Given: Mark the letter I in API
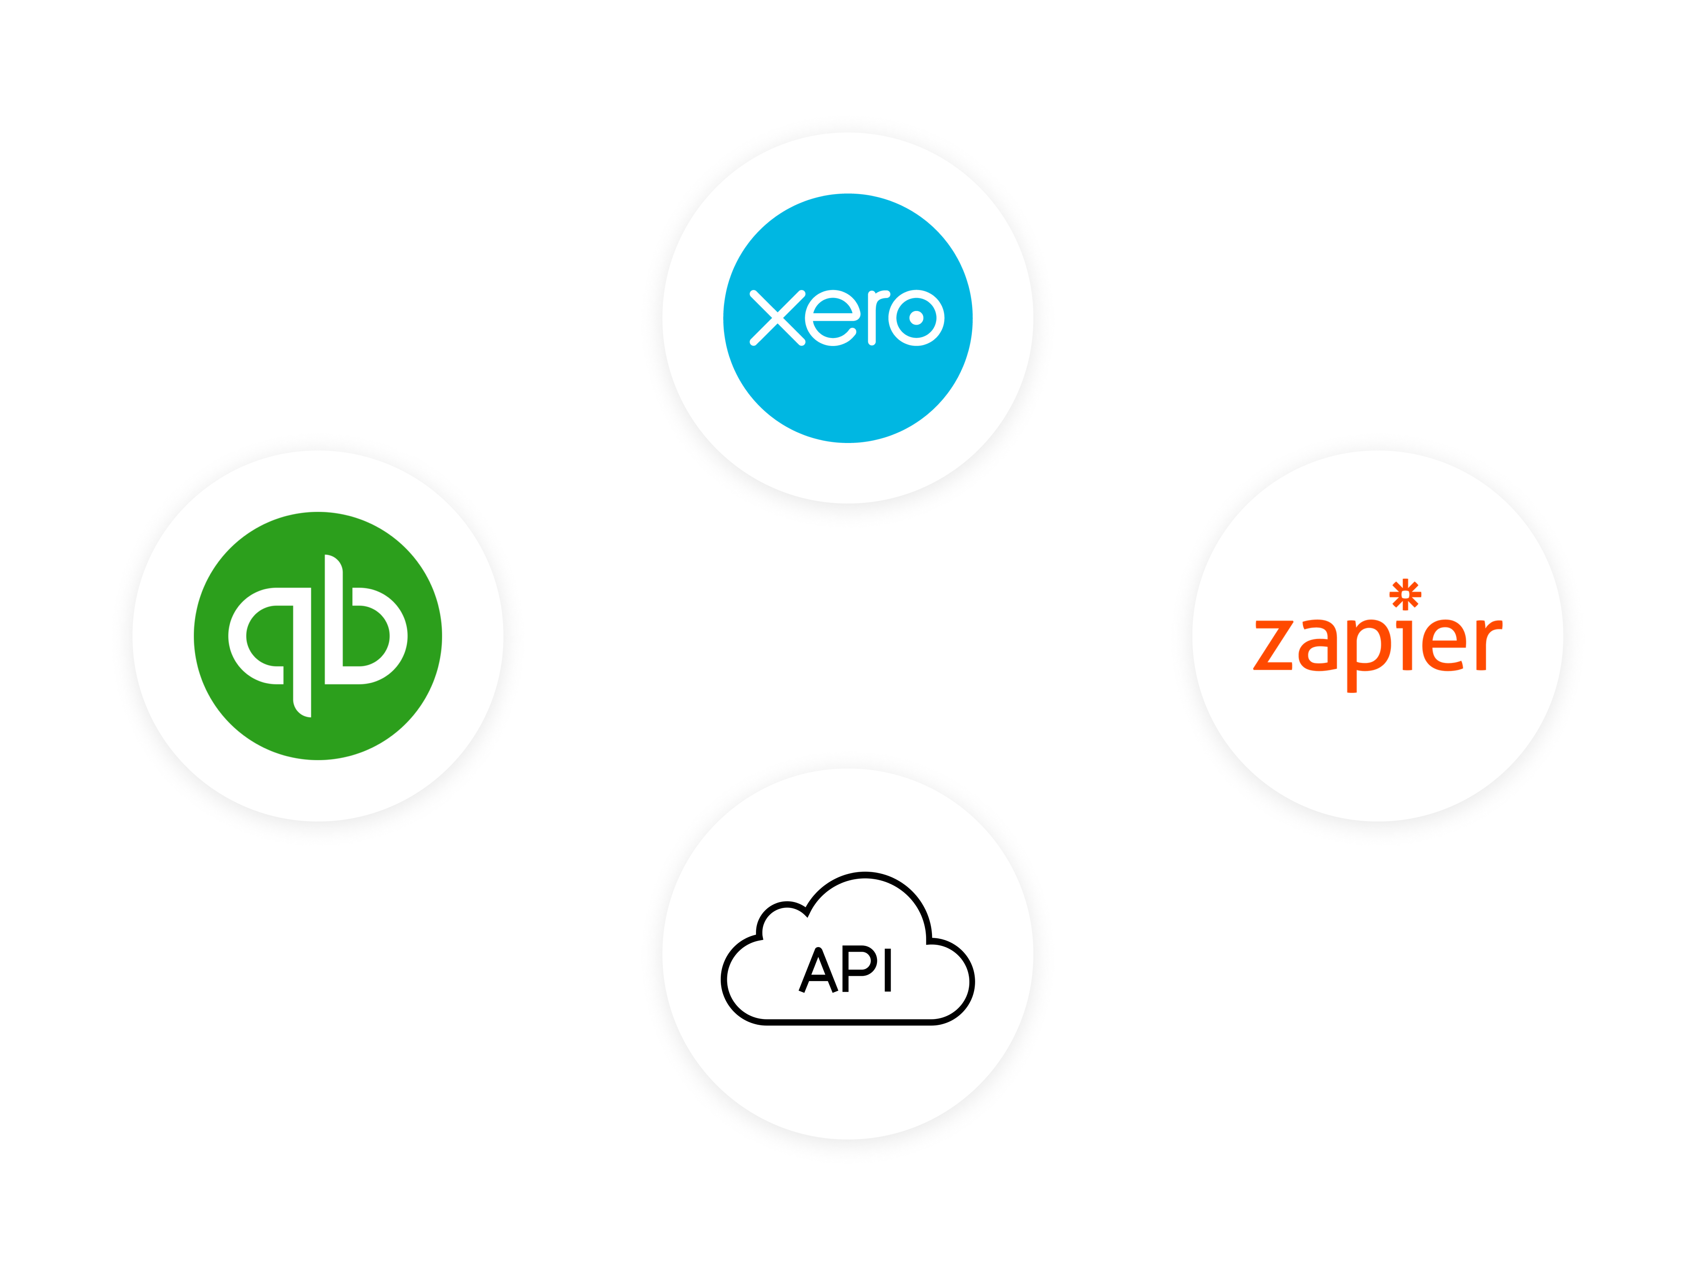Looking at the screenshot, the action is click(888, 969).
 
